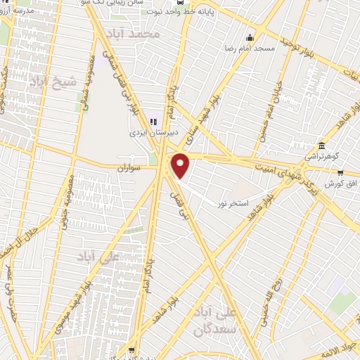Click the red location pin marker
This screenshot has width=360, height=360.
pos(181,166)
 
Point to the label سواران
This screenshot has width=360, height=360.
pos(129,168)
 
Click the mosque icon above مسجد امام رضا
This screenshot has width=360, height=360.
pos(248,37)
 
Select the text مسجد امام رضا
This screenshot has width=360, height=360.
pos(255,48)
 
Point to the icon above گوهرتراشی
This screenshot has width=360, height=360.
pos(321,145)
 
